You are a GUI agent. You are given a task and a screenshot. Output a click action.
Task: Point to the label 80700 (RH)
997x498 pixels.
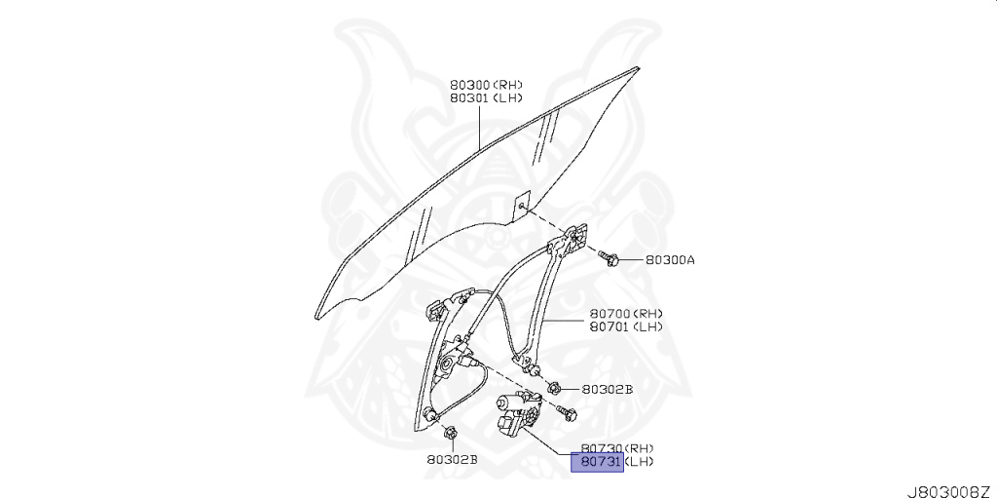609,314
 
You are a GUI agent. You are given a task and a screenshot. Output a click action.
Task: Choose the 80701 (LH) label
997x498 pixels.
609,326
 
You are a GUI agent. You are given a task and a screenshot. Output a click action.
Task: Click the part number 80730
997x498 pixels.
602,447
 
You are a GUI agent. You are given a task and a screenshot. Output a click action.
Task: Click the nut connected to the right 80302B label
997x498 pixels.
553,388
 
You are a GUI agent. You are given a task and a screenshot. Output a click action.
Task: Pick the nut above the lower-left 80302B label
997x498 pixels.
449,432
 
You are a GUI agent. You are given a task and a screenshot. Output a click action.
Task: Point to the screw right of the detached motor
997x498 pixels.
566,413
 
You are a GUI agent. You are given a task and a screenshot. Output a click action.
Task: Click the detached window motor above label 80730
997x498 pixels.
517,413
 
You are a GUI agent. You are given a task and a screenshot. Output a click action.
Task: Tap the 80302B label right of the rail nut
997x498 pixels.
607,389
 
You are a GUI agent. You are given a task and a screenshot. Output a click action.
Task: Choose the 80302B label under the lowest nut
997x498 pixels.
451,459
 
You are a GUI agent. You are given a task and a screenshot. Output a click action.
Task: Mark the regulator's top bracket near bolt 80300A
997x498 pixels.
576,238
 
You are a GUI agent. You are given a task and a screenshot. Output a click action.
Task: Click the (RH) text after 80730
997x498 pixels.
644,447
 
